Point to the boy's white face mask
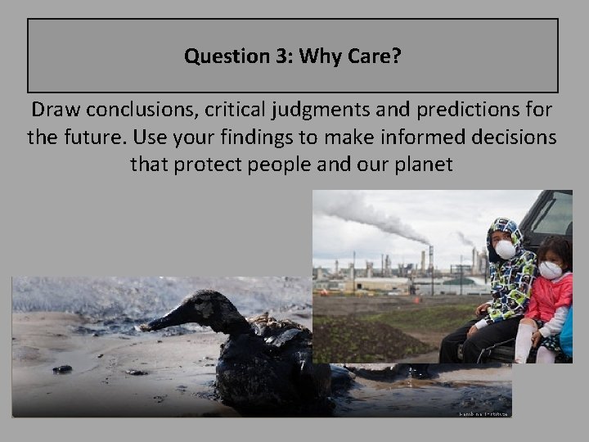point(506,250)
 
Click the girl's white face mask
point(551,270)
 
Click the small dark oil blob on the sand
point(62,369)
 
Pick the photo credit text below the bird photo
point(483,414)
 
